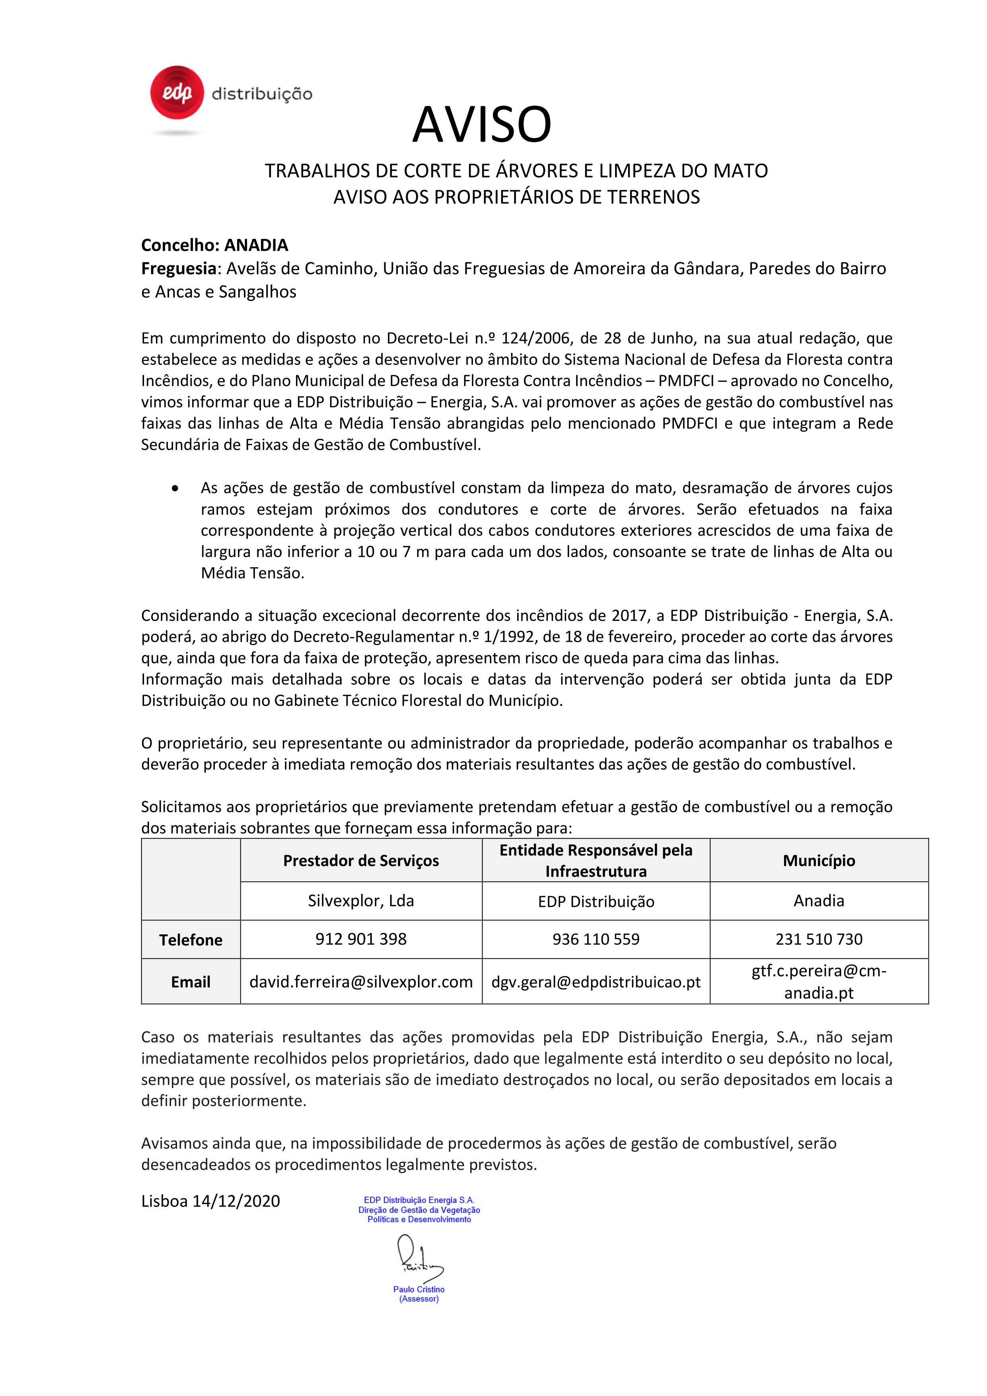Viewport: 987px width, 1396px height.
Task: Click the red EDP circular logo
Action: pos(177,92)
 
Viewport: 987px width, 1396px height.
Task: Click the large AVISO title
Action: pos(482,124)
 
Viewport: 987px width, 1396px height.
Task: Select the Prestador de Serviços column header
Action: pos(361,860)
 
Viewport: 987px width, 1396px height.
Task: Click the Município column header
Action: pos(819,860)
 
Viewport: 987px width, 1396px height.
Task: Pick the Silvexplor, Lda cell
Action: pos(361,901)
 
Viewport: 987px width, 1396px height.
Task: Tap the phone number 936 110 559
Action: pos(596,940)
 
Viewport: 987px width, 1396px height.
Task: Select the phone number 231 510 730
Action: pos(819,940)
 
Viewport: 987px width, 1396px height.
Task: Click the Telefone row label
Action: pos(191,940)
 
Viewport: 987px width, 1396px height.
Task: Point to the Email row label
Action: pos(191,982)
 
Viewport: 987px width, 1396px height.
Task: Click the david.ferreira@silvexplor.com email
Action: pos(361,982)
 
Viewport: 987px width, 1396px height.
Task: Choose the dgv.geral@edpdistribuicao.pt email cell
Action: pos(596,982)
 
